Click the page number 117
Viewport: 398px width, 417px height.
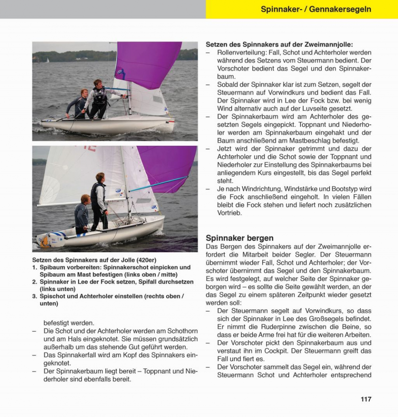[366, 399]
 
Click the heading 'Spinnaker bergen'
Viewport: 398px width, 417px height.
[240, 238]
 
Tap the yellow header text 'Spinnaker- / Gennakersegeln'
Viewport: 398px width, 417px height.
[316, 9]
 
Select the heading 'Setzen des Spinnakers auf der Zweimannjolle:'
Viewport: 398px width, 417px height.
[279, 45]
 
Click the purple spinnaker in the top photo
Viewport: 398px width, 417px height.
[148, 63]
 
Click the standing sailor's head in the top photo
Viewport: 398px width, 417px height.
[97, 83]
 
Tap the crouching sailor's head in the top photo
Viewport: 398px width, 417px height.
[84, 93]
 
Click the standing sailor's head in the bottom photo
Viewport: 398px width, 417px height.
[100, 177]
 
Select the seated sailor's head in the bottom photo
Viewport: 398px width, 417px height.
[85, 199]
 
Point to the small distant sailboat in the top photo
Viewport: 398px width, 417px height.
[47, 60]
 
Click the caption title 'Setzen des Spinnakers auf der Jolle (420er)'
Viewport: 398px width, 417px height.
[94, 260]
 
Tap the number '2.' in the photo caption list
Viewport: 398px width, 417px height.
[35, 282]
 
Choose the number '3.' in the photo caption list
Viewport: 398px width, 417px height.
[35, 296]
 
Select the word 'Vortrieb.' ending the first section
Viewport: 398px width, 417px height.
[230, 213]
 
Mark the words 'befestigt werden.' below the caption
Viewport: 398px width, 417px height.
[69, 323]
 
